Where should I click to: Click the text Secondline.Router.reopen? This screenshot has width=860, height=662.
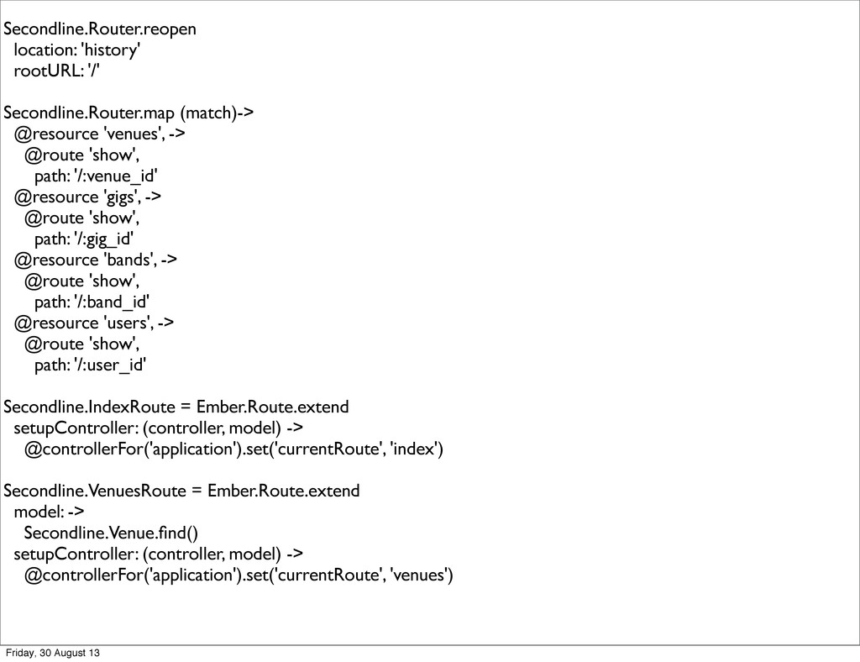pyautogui.click(x=100, y=29)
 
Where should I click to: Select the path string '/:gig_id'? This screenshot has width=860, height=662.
pyautogui.click(x=104, y=239)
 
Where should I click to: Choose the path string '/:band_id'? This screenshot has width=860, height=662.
pyautogui.click(x=112, y=302)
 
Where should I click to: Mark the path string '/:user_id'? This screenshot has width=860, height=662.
pyautogui.click(x=110, y=365)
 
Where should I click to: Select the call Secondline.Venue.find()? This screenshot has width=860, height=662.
pyautogui.click(x=113, y=533)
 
